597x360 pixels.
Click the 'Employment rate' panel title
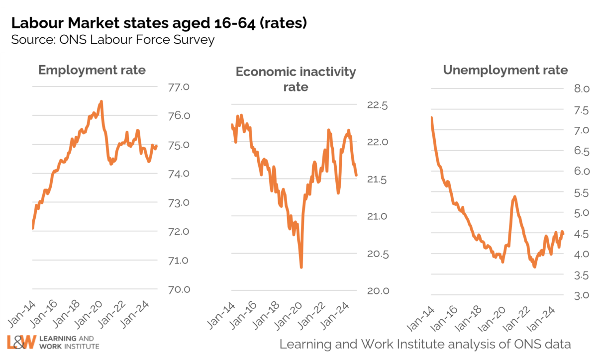pyautogui.click(x=92, y=70)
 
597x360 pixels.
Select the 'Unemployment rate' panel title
pyautogui.click(x=505, y=70)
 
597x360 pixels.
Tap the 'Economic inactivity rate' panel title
pyautogui.click(x=296, y=79)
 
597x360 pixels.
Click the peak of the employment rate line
pyautogui.click(x=101, y=101)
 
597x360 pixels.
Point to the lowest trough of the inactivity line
pyautogui.click(x=301, y=267)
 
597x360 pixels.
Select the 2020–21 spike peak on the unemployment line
pyautogui.click(x=514, y=197)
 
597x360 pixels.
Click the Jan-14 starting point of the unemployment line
pyautogui.click(x=431, y=118)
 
